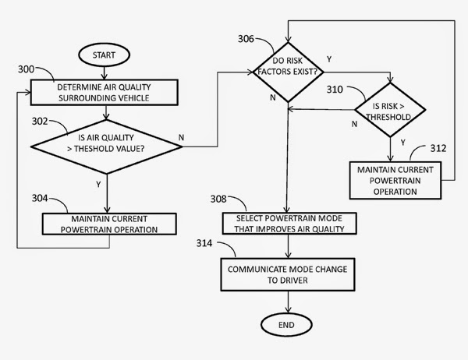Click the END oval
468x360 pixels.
[289, 323]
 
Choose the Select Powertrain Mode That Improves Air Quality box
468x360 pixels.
[289, 222]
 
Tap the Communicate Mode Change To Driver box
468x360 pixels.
[289, 274]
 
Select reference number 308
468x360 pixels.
[218, 199]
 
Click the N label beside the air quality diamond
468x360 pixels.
[182, 138]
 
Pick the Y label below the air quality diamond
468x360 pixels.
[97, 185]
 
